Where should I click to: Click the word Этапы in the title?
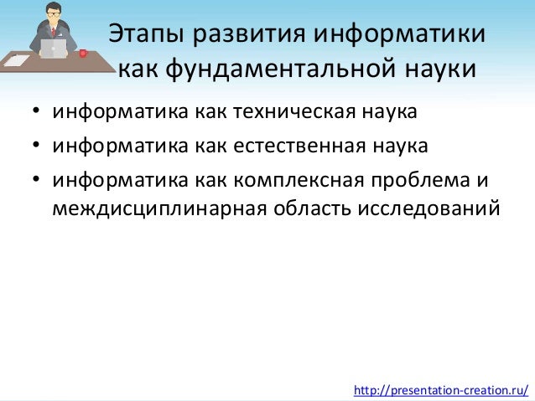(148, 37)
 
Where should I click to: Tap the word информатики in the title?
(398, 37)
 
